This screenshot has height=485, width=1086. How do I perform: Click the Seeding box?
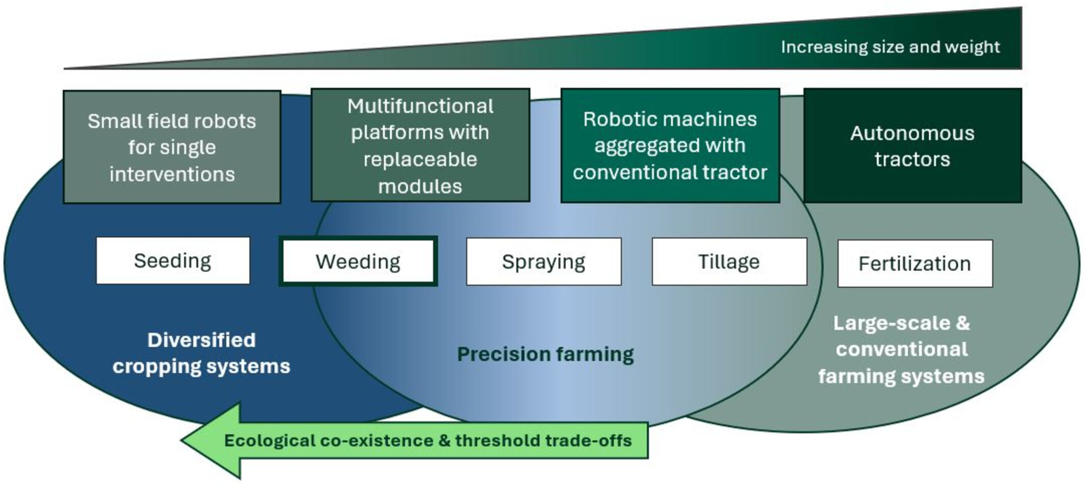[x=173, y=261]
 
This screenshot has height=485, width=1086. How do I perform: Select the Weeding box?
[x=358, y=261]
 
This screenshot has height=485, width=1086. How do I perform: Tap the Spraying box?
[x=544, y=261]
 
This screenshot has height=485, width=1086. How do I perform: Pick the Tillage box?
[x=729, y=261]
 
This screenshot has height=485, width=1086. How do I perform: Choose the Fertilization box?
[x=915, y=263]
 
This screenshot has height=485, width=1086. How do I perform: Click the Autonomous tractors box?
[x=912, y=146]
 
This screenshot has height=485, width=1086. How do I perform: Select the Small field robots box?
[x=172, y=147]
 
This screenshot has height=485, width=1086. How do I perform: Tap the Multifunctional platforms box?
[x=420, y=145]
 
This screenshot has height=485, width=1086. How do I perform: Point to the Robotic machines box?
[x=670, y=145]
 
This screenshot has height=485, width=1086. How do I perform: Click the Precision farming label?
[x=545, y=354]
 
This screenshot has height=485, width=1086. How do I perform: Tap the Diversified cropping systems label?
[x=202, y=353]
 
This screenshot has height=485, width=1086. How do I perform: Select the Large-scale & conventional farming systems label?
[x=901, y=350]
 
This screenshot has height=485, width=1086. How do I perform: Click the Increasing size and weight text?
[x=890, y=47]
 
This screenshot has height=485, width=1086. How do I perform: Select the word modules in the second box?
[x=420, y=186]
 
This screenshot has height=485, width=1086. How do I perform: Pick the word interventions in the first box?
[x=172, y=175]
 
